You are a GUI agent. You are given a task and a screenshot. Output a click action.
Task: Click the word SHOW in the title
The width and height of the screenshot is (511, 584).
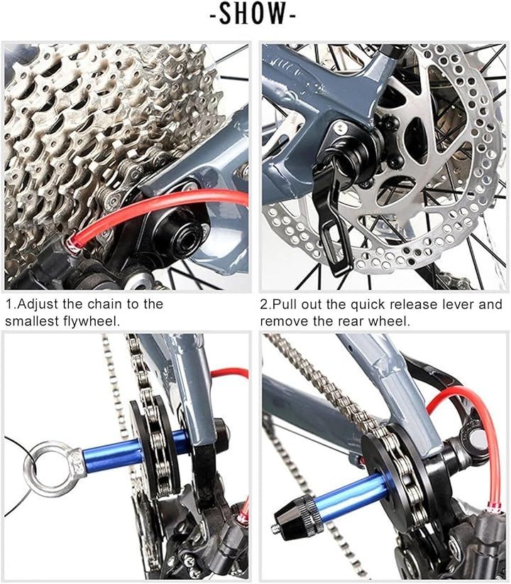253,13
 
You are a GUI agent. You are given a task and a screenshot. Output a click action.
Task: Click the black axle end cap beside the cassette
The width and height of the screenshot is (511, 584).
178,234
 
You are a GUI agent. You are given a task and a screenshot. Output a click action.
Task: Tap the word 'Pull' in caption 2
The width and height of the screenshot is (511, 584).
285,304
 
